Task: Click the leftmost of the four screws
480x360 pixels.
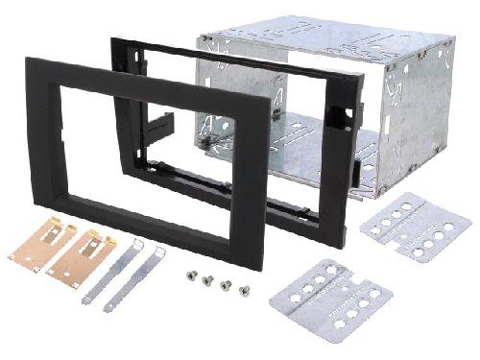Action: click(192, 276)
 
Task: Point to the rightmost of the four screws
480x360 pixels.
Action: click(244, 288)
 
